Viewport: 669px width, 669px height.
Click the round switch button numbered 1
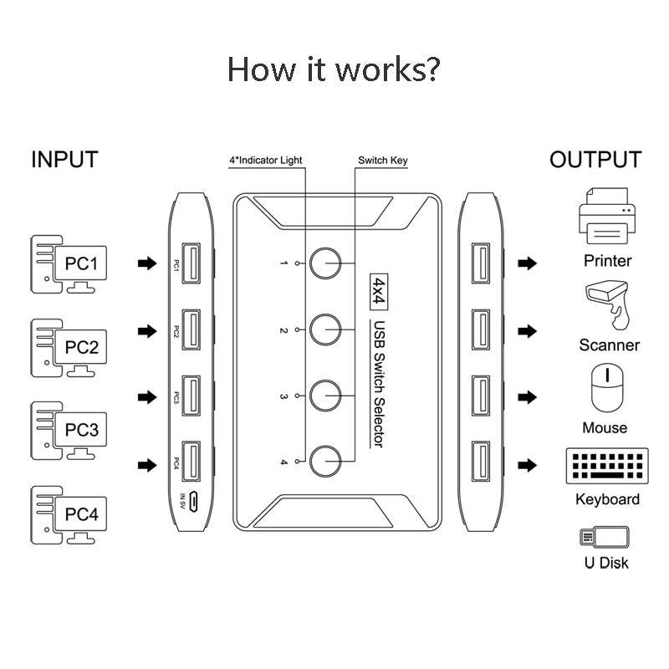[325, 263]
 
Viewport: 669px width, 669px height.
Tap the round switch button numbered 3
[325, 393]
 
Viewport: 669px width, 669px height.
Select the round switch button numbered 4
[325, 458]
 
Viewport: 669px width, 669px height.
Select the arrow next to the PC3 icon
[147, 396]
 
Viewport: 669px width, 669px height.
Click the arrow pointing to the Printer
[527, 263]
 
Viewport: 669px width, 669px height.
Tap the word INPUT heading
[64, 160]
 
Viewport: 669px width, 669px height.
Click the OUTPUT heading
[595, 160]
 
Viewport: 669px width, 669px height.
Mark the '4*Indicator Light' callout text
[266, 160]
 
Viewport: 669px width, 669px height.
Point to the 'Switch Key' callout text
[383, 160]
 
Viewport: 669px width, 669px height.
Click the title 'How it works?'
[334, 69]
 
